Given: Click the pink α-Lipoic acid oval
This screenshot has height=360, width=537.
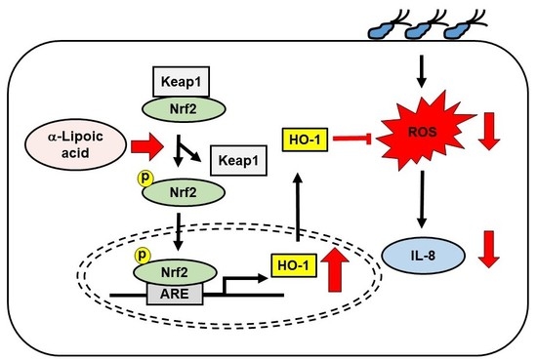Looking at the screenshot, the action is [75, 144].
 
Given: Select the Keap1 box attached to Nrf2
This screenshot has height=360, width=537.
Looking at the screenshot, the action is [181, 81].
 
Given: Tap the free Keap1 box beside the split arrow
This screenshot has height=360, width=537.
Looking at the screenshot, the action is [238, 161].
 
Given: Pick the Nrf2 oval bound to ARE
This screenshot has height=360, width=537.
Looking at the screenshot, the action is [175, 272].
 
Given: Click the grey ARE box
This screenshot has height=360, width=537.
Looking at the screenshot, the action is [175, 294].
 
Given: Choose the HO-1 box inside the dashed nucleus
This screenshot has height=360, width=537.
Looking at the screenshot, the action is [294, 265].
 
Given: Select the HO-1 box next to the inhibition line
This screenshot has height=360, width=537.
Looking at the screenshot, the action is [305, 140].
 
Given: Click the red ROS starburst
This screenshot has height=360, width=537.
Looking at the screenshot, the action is [425, 131].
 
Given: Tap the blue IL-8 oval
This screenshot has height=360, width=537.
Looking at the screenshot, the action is [423, 256].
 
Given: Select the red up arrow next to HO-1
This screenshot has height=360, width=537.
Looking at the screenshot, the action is [335, 269].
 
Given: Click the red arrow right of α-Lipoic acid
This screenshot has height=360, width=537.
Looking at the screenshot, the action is [147, 147].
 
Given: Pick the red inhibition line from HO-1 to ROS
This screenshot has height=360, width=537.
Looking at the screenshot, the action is [352, 139].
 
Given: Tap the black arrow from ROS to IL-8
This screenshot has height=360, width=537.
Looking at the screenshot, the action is [422, 199].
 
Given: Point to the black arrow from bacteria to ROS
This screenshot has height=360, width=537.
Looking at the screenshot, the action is [422, 71].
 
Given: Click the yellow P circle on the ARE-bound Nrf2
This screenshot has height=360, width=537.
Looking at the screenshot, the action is [143, 256].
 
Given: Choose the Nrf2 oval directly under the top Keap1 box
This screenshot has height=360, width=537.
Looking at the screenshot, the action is [184, 109].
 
